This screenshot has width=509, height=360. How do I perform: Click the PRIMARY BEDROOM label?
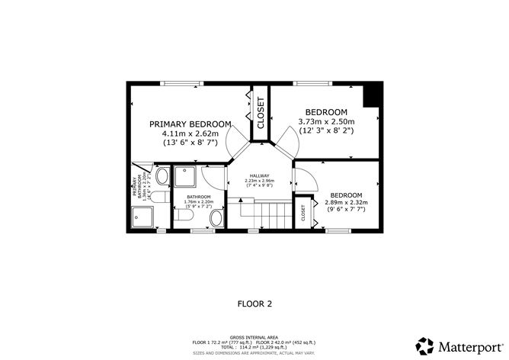[x=190, y=124]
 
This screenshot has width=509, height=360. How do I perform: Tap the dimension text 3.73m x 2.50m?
[x=326, y=121]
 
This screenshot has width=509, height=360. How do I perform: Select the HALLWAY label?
[x=259, y=175]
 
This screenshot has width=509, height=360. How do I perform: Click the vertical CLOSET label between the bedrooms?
[x=260, y=114]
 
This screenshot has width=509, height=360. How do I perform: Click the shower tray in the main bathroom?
[x=184, y=178]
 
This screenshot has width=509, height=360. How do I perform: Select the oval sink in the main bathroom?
[x=216, y=220]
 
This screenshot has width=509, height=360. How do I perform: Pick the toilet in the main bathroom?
[x=183, y=220]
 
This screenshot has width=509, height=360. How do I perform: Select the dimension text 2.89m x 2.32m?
[x=347, y=202]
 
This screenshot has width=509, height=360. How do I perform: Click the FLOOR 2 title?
[x=254, y=304]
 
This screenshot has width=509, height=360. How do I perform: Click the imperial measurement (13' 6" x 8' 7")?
[x=190, y=143]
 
